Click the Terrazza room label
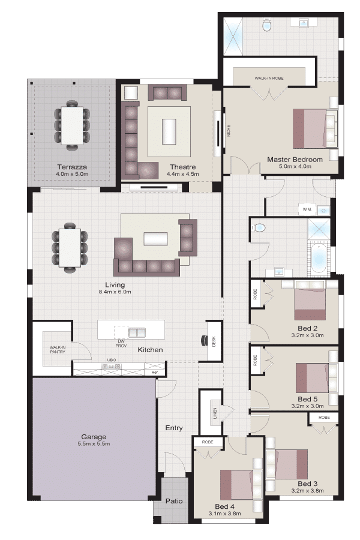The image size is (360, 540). pyautogui.click(x=72, y=167)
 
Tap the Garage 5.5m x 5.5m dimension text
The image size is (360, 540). pyautogui.click(x=94, y=444)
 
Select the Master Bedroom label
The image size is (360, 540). pyautogui.click(x=295, y=160)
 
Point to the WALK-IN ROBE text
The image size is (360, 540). pyautogui.click(x=269, y=78)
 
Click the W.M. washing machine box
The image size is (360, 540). pyautogui.click(x=307, y=209)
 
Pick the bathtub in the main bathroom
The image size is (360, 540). pyautogui.click(x=319, y=258)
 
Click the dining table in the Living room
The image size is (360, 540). pyautogui.click(x=70, y=248)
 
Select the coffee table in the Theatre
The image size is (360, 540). pyautogui.click(x=169, y=131)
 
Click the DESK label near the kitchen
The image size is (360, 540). pyautogui.click(x=214, y=341)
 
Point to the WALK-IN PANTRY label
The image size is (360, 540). pyautogui.click(x=58, y=350)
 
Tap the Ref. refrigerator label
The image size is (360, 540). pyautogui.click(x=155, y=372)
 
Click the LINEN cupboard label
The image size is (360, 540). pyautogui.click(x=215, y=412)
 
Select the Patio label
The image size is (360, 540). pyautogui.click(x=174, y=501)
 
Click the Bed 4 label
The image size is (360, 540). pyautogui.click(x=224, y=506)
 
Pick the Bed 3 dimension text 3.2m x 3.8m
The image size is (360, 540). pyautogui.click(x=307, y=491)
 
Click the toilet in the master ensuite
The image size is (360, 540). pyautogui.click(x=267, y=25)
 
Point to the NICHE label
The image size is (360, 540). pyautogui.click(x=229, y=131)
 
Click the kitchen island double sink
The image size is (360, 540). pyautogui.click(x=137, y=332)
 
